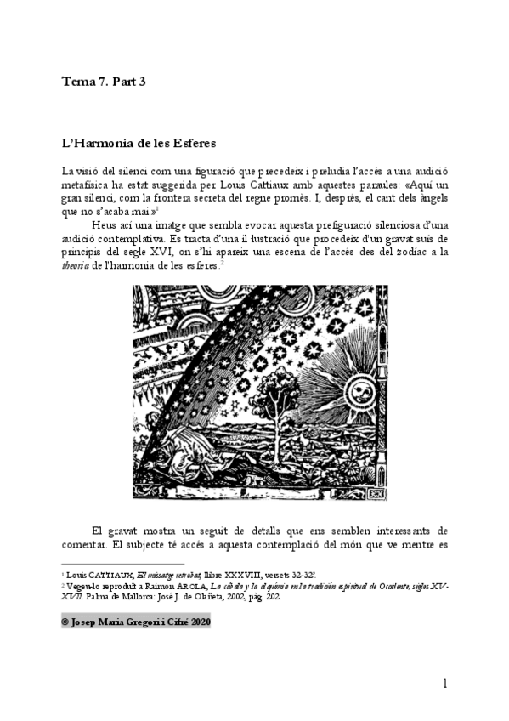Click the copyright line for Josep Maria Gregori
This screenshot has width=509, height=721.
click(x=136, y=622)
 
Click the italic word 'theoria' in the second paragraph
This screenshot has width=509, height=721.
click(x=79, y=265)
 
